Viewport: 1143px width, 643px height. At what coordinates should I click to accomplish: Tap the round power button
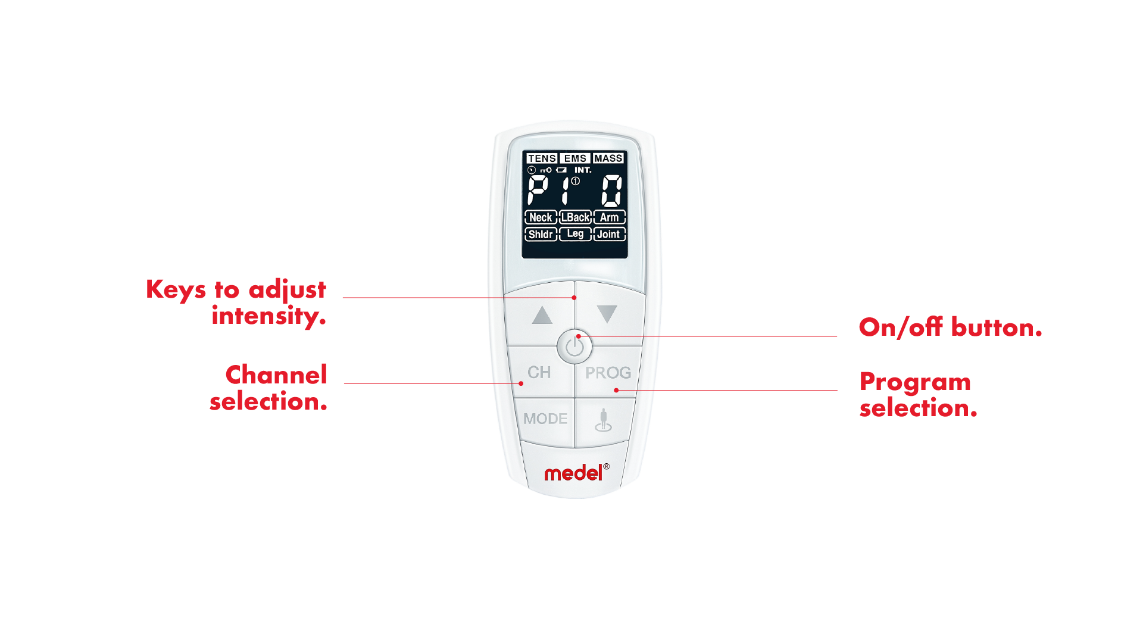pos(574,346)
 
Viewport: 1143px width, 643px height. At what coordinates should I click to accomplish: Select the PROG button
pos(607,373)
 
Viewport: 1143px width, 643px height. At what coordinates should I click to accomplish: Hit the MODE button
pos(545,419)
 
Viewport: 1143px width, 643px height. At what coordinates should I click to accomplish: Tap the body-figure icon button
pos(603,420)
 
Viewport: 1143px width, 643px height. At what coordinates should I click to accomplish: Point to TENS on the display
pos(542,158)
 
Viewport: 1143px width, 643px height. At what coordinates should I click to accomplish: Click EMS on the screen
pos(575,158)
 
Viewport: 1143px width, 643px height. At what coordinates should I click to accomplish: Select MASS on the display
pos(608,158)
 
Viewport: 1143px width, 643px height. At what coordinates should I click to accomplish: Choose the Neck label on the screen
pos(541,217)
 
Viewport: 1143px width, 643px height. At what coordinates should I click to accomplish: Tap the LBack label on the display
pos(575,217)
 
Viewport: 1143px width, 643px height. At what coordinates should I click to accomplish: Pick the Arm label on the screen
pos(609,217)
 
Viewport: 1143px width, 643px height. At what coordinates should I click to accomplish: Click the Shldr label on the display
pos(541,234)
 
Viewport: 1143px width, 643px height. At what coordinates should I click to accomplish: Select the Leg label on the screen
pos(575,234)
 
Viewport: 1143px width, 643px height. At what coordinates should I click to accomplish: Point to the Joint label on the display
pos(609,234)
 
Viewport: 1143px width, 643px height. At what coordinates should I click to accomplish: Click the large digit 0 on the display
pos(611,191)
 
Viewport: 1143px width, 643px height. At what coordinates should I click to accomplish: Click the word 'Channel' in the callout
pos(276,375)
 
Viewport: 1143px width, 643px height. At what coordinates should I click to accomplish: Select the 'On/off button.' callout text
pos(950,327)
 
